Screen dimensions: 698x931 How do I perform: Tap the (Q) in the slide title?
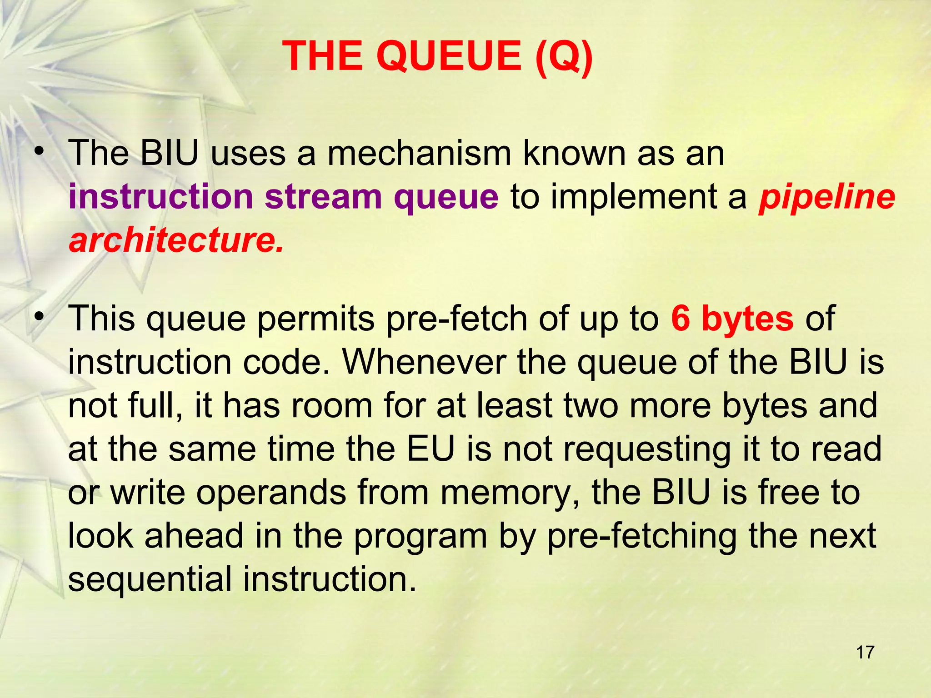pos(563,56)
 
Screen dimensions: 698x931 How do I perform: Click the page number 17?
pos(865,652)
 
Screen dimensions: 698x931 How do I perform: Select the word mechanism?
pos(419,154)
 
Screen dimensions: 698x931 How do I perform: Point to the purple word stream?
pos(324,197)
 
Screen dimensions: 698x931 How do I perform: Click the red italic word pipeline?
pos(827,197)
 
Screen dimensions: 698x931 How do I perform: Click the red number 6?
pos(681,319)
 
